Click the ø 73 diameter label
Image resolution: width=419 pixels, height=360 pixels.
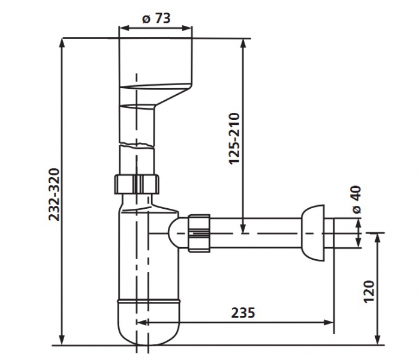[156, 18]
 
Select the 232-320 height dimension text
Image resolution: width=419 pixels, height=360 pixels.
[54, 194]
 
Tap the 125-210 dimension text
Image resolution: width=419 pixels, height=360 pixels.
[234, 138]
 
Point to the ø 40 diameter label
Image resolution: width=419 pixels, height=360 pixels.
[357, 200]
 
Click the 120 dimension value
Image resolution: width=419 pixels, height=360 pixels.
[369, 291]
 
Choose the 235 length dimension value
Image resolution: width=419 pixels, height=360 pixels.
[243, 313]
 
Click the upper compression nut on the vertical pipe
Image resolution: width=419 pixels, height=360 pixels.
[137, 184]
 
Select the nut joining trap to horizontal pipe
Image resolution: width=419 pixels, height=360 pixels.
[199, 233]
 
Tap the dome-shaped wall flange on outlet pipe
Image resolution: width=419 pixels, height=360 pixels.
[313, 233]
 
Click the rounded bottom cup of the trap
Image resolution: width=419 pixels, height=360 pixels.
[149, 322]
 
